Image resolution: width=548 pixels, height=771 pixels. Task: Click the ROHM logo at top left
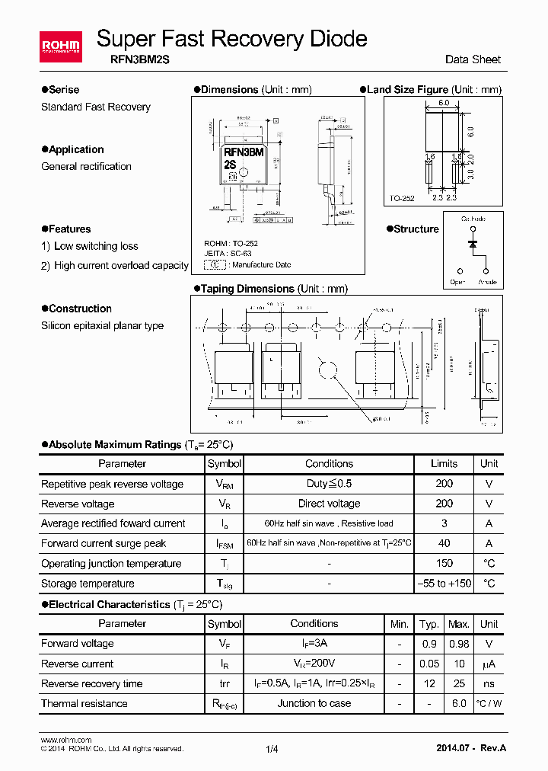click(x=60, y=47)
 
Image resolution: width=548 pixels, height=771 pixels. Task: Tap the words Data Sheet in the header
click(x=473, y=59)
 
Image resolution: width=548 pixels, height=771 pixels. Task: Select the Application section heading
click(x=76, y=149)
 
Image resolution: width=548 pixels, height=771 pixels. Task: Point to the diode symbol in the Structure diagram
click(x=473, y=244)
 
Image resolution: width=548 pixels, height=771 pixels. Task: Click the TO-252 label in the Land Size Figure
click(x=402, y=198)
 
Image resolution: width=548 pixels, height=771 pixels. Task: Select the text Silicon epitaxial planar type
click(x=102, y=325)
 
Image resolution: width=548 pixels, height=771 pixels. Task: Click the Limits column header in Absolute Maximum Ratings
click(x=444, y=463)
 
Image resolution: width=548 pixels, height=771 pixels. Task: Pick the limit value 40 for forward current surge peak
click(x=444, y=543)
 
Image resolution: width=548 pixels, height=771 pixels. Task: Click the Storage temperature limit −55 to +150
click(x=444, y=584)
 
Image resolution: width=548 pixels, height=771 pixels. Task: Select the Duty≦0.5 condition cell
click(x=329, y=484)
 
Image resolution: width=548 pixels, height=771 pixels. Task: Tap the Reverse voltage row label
click(x=78, y=504)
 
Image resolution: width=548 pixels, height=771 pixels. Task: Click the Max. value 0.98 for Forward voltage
click(x=458, y=644)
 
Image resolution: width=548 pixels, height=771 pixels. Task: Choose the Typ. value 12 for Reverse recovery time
click(x=429, y=683)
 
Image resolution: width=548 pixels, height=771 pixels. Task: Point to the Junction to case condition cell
click(x=314, y=703)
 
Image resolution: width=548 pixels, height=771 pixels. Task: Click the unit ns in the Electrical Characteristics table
click(x=489, y=683)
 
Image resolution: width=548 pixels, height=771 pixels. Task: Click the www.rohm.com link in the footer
click(x=65, y=740)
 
